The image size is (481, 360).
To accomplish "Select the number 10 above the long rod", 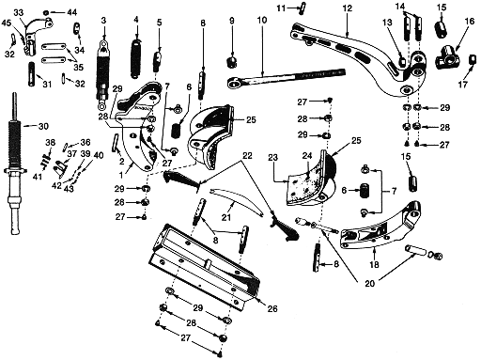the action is [x=262, y=20].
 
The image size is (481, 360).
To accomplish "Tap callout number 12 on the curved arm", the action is [x=348, y=8].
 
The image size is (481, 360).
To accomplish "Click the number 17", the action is [x=463, y=84].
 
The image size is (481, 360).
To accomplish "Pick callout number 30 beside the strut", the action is [x=43, y=126].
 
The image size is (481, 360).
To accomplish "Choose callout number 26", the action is [x=272, y=308].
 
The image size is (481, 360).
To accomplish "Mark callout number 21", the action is [x=226, y=217].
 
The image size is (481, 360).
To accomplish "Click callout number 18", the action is [x=374, y=265].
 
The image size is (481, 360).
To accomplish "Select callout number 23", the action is [x=273, y=157].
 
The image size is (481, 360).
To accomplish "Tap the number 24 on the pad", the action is [x=307, y=156].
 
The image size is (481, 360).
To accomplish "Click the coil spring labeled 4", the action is [x=136, y=58].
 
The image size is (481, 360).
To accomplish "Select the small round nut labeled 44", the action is [x=46, y=12].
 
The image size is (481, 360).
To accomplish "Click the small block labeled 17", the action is [x=472, y=59].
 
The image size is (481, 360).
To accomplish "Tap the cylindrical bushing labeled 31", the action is [x=32, y=74].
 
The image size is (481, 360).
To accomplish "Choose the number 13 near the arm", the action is [x=387, y=23].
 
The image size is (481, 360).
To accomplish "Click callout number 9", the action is [x=232, y=21].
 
